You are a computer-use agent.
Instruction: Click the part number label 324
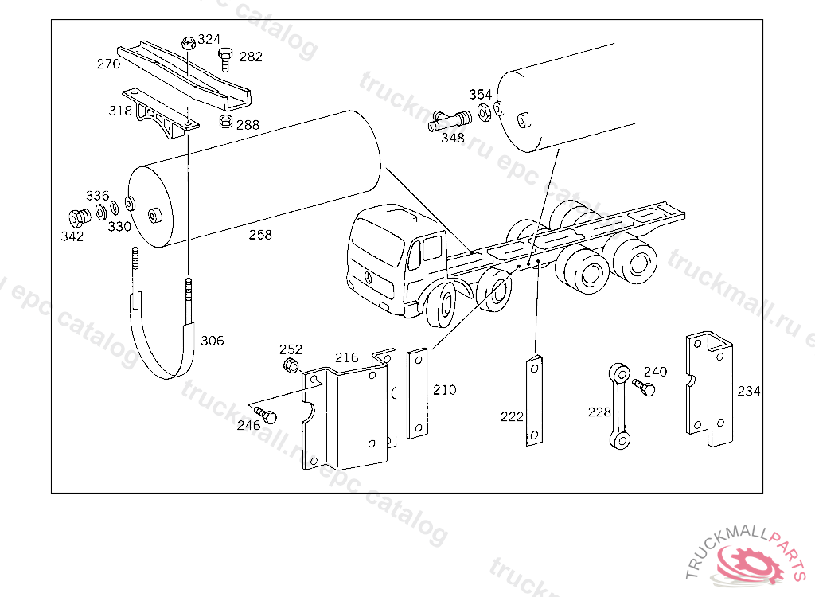tap(209, 39)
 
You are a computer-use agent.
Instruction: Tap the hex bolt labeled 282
tap(225, 59)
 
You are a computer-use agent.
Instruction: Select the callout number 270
tap(108, 64)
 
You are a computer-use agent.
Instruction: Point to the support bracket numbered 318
tap(161, 114)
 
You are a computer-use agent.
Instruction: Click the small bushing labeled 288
tap(225, 123)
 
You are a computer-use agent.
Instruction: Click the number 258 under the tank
tap(260, 235)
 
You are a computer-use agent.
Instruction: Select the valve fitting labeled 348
tap(450, 121)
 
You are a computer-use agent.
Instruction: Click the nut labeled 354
tap(484, 111)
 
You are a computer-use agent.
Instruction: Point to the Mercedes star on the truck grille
tap(368, 277)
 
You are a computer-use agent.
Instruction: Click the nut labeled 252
tap(291, 365)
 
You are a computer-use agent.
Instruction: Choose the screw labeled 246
tap(266, 415)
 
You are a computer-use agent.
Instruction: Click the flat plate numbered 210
tap(418, 393)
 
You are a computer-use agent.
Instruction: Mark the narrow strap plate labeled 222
tap(534, 400)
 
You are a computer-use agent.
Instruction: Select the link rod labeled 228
tap(619, 406)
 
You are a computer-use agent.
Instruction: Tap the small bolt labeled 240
tap(644, 388)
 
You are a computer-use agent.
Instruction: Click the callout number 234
tap(748, 391)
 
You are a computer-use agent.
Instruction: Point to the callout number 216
tap(347, 357)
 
